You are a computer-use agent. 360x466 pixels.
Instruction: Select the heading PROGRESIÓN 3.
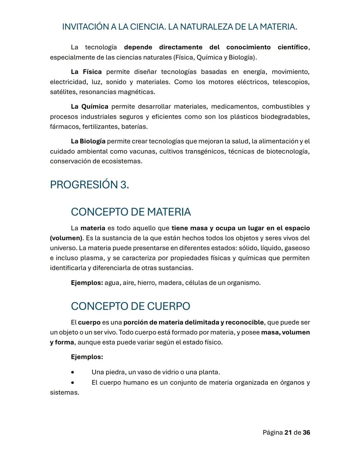(89, 184)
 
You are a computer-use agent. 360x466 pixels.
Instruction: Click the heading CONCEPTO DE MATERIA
(131, 212)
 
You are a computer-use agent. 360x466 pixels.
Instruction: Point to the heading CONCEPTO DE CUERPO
(130, 306)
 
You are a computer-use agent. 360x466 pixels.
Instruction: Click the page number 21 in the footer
(288, 432)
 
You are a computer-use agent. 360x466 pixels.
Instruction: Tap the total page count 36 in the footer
(306, 432)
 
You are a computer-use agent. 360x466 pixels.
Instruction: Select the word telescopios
(291, 82)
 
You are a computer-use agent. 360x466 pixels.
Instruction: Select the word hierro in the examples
(146, 283)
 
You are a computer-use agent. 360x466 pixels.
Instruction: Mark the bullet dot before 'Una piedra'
(73, 372)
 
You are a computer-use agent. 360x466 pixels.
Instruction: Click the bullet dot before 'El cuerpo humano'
(73, 383)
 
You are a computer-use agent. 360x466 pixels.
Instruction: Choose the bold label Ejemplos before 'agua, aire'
(87, 283)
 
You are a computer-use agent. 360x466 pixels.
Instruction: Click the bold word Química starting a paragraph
(95, 106)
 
